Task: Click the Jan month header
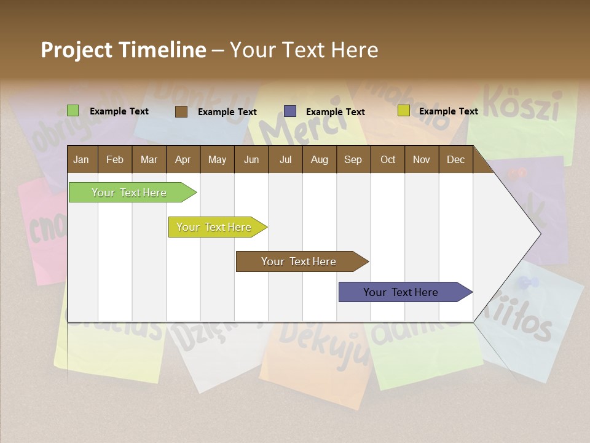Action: point(81,159)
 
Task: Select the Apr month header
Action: point(183,159)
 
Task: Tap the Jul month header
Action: point(285,159)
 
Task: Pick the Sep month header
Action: point(353,159)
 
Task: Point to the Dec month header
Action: point(455,159)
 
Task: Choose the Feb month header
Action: point(115,159)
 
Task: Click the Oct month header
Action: point(388,159)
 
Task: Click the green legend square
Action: point(73,111)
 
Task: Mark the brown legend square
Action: point(181,111)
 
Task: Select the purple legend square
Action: point(290,111)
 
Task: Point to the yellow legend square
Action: point(404,111)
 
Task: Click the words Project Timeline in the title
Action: point(123,50)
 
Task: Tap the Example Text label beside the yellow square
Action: point(448,111)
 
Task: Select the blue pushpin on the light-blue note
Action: point(528,283)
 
